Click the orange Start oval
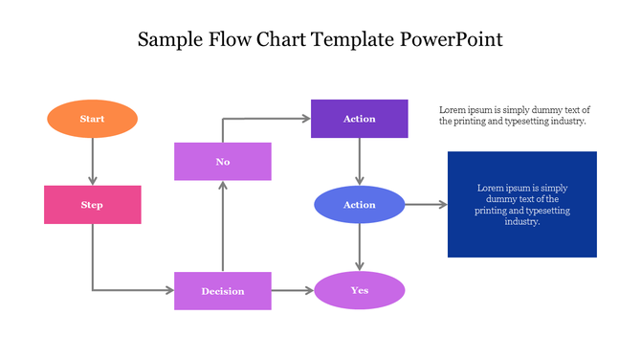click(92, 119)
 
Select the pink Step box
click(92, 205)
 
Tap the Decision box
click(222, 291)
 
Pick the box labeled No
click(222, 162)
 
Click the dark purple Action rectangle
click(359, 119)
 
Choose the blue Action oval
click(359, 205)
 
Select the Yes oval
click(359, 290)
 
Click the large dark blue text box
click(521, 204)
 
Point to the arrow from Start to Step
click(92, 161)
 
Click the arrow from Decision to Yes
click(293, 291)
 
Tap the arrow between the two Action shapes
click(359, 161)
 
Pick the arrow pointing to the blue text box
click(426, 205)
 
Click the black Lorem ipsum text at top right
click(514, 116)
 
